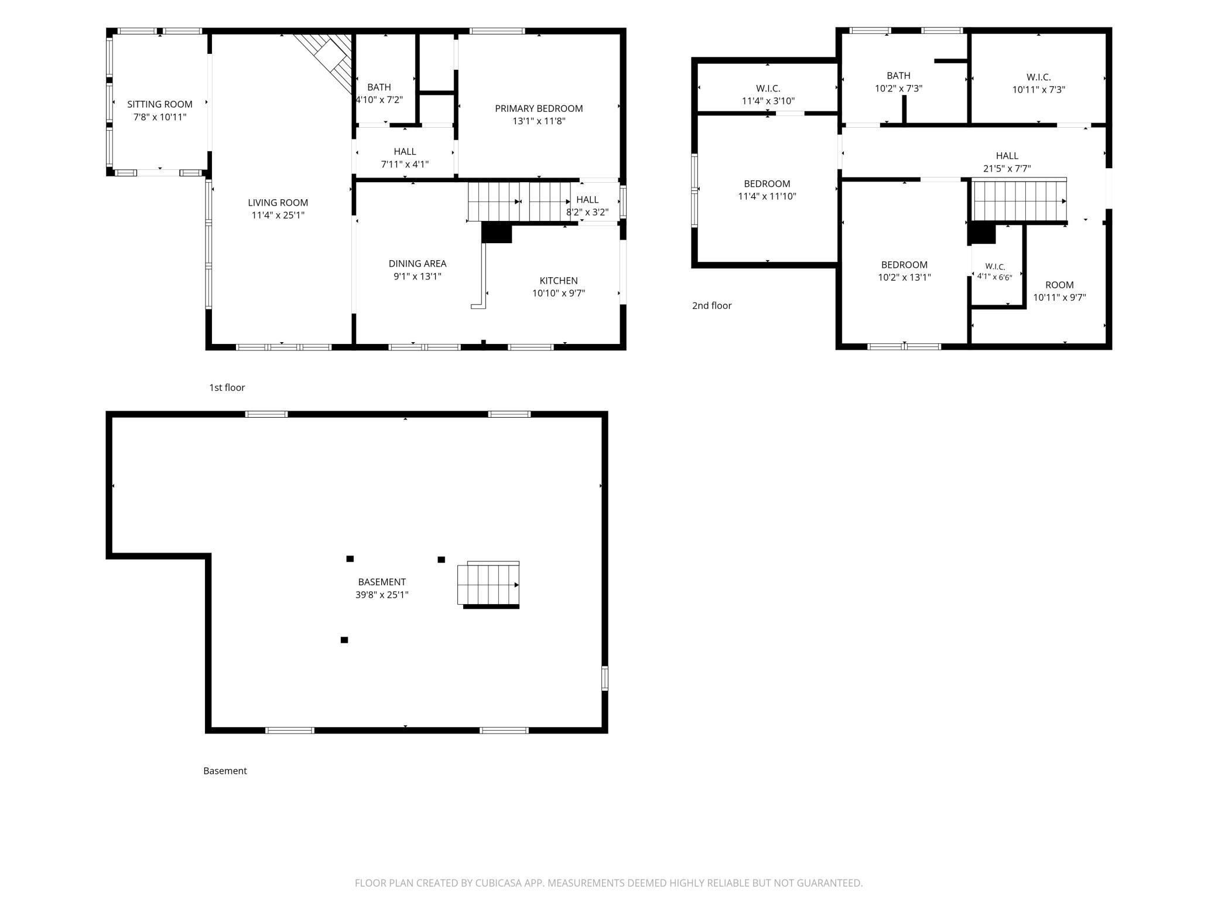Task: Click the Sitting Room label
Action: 160,104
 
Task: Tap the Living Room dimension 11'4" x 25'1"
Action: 278,215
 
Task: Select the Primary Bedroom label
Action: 539,108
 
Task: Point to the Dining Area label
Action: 418,264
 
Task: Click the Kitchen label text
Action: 559,281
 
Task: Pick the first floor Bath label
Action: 379,87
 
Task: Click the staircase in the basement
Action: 488,585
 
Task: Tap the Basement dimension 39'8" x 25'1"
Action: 382,595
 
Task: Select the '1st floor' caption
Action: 227,387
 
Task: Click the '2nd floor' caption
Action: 712,305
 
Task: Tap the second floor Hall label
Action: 1007,156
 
